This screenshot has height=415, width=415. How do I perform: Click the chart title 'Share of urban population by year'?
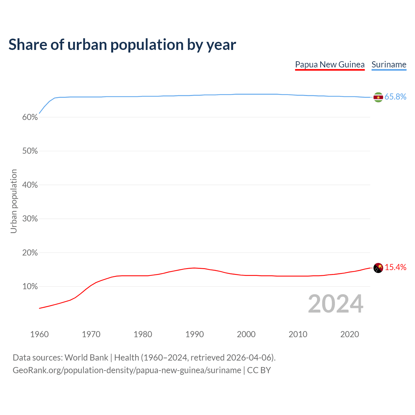coord(122,45)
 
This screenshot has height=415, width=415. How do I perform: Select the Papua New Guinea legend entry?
coord(330,65)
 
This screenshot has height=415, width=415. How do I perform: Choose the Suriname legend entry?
coord(389,65)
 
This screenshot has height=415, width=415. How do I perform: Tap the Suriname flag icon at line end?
coord(378,97)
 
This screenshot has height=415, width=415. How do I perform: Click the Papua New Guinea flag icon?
coord(378,268)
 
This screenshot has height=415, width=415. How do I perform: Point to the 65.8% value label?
coord(395,97)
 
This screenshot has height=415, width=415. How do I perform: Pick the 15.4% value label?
coord(395,267)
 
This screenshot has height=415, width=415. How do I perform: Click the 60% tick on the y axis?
coord(30,117)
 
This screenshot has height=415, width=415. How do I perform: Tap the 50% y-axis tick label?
coord(30,151)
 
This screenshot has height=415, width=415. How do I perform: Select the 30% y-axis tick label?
coord(30,219)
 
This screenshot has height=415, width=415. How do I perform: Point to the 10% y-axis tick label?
coord(30,287)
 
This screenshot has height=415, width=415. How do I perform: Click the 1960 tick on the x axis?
coord(39,334)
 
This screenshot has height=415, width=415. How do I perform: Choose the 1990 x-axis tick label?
coord(195,334)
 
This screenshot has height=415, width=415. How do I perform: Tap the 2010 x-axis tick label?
coord(298,334)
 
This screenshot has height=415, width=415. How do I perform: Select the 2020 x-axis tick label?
coord(350,334)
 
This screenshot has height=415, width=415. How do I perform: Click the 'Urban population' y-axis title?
coord(14,201)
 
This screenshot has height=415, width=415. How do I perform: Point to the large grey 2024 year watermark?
coord(336,304)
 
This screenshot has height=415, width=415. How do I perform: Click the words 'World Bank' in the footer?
coord(86,358)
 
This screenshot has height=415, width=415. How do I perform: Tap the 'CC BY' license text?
coord(259,370)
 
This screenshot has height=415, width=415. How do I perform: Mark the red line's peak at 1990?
coord(195,268)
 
